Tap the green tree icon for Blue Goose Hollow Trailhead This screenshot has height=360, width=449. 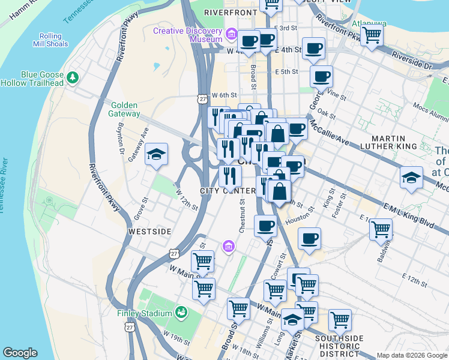pos(73,77)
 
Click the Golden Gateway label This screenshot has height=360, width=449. pos(125,109)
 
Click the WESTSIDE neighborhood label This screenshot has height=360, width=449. pos(149,231)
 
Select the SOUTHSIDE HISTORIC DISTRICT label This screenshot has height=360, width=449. pos(339,346)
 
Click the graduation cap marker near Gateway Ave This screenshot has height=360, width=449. pos(156,155)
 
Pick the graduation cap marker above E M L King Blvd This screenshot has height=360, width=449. pos(411,177)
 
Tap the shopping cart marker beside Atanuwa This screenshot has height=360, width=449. pos(372,35)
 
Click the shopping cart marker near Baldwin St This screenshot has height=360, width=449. pos(381,229)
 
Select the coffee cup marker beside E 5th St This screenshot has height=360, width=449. pos(321,76)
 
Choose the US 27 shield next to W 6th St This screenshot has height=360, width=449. pos(203,98)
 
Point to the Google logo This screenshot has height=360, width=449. pos(20,353)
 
